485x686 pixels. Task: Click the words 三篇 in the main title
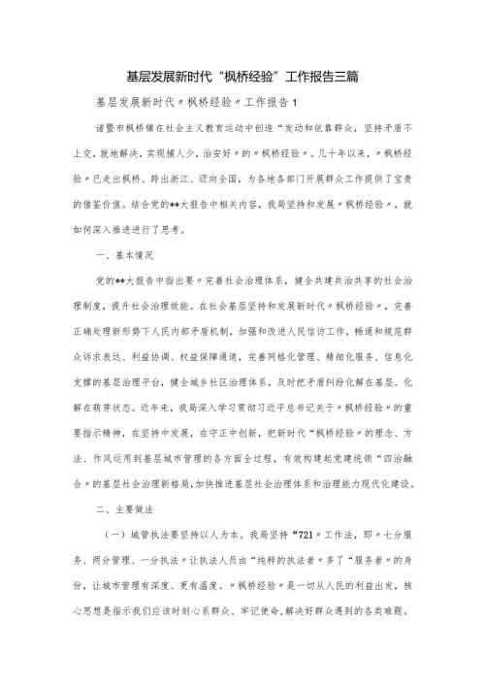(346, 75)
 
